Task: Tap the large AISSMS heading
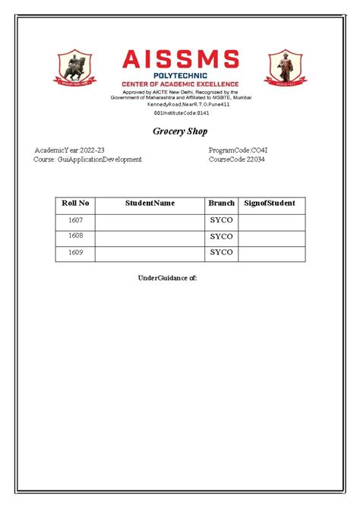[x=180, y=59]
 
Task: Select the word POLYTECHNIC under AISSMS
[x=180, y=75]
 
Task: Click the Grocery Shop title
[x=180, y=131]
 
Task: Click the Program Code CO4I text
[x=238, y=150]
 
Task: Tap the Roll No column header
[x=75, y=204]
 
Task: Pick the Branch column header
[x=221, y=204]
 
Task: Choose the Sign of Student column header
[x=270, y=204]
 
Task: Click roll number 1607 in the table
[x=75, y=220]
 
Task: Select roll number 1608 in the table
[x=75, y=236]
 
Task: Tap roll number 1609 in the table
[x=75, y=253]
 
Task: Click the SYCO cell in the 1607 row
[x=221, y=220]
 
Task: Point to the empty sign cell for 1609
[x=271, y=253]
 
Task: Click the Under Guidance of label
[x=167, y=278]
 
